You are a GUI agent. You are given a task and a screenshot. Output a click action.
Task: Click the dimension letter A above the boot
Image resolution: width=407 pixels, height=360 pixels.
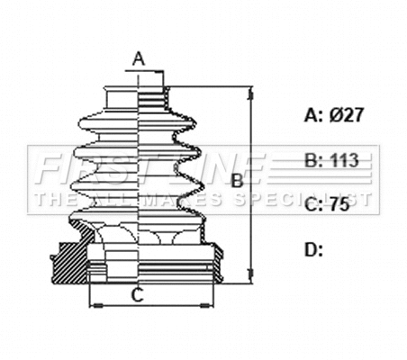click(x=139, y=59)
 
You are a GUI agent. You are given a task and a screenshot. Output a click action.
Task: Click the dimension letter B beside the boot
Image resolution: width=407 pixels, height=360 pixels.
click(x=238, y=181)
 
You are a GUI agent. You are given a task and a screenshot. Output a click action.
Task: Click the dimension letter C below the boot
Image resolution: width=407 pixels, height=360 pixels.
click(x=139, y=293)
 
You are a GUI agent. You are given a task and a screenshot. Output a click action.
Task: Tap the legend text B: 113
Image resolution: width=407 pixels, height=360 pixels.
click(x=331, y=161)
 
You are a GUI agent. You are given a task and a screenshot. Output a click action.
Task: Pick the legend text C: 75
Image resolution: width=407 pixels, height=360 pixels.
click(x=326, y=205)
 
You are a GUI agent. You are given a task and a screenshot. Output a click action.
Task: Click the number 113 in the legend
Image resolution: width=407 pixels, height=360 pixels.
click(x=344, y=161)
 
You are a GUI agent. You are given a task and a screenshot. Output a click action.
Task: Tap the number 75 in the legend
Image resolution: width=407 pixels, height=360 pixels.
click(x=339, y=205)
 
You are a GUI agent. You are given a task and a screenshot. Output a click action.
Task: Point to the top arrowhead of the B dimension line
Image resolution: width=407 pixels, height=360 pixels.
click(x=250, y=91)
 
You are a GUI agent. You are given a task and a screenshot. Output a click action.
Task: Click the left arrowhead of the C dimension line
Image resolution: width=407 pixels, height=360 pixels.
click(x=92, y=304)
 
